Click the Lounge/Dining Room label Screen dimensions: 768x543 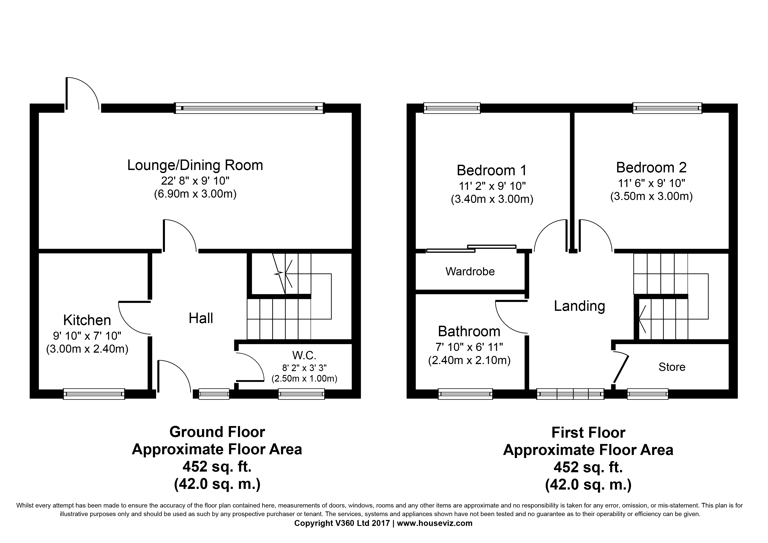click(x=195, y=166)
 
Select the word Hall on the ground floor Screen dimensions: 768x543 click(x=201, y=318)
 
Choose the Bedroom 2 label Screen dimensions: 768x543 click(x=651, y=168)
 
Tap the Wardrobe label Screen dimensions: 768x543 click(x=470, y=271)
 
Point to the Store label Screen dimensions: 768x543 click(x=672, y=367)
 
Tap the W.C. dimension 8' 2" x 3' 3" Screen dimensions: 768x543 click(x=304, y=368)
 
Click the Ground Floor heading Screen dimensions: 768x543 click(x=217, y=432)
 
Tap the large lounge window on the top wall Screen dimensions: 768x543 click(x=250, y=108)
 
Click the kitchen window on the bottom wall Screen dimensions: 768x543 click(x=94, y=394)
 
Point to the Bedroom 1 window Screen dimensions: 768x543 click(x=452, y=108)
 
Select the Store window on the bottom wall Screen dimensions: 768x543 click(x=648, y=394)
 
